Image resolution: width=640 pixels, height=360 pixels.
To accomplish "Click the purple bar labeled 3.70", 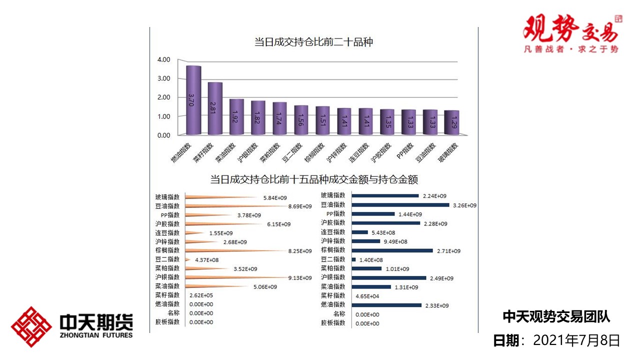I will click(x=193, y=100).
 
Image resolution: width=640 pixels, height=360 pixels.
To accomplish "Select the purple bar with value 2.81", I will click(x=215, y=108).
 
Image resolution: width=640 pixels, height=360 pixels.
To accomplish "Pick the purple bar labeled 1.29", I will click(x=451, y=122).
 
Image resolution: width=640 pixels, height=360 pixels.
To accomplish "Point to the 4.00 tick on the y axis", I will click(x=164, y=59).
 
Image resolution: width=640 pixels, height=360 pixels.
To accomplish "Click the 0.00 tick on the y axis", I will click(x=164, y=135).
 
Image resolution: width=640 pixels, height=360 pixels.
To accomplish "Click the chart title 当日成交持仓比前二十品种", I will click(x=313, y=42).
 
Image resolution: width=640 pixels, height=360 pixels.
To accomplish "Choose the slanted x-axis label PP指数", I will click(x=405, y=150).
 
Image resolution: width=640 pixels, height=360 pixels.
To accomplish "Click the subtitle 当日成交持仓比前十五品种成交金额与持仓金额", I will click(x=313, y=179).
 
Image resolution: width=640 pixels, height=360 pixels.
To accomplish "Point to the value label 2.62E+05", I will click(x=201, y=295).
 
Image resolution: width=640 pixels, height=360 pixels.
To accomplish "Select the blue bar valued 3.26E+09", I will click(x=400, y=205).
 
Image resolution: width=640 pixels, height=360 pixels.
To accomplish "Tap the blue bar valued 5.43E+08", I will click(x=359, y=232).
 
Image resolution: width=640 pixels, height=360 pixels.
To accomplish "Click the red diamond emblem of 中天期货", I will click(x=31, y=327).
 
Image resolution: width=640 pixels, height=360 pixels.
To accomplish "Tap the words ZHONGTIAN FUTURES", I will click(x=95, y=335).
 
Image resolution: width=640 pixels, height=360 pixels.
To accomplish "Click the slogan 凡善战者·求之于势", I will click(x=570, y=49).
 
